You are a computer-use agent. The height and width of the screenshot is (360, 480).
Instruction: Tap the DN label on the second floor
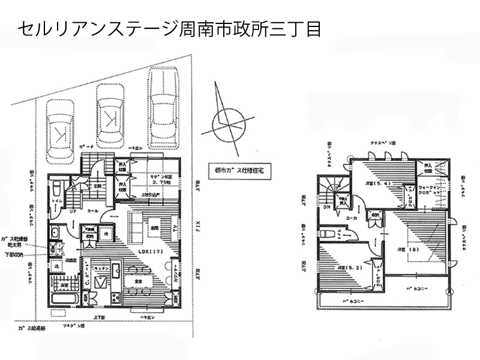click(x=327, y=207)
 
